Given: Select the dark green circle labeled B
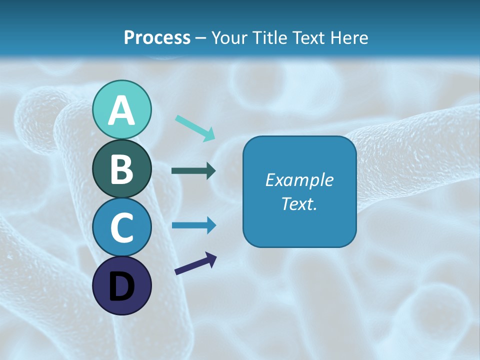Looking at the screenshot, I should click(x=121, y=168).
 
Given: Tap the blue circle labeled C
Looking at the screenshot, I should click(x=121, y=227).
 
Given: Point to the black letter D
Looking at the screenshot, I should click(x=121, y=287).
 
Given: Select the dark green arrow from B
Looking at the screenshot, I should click(x=193, y=171).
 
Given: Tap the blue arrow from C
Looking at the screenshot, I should click(x=193, y=225).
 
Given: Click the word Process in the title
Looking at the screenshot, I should click(x=157, y=38).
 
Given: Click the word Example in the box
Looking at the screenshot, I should click(x=299, y=180).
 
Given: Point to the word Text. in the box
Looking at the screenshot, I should click(x=299, y=204).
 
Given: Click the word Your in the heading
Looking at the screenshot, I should click(x=227, y=38).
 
